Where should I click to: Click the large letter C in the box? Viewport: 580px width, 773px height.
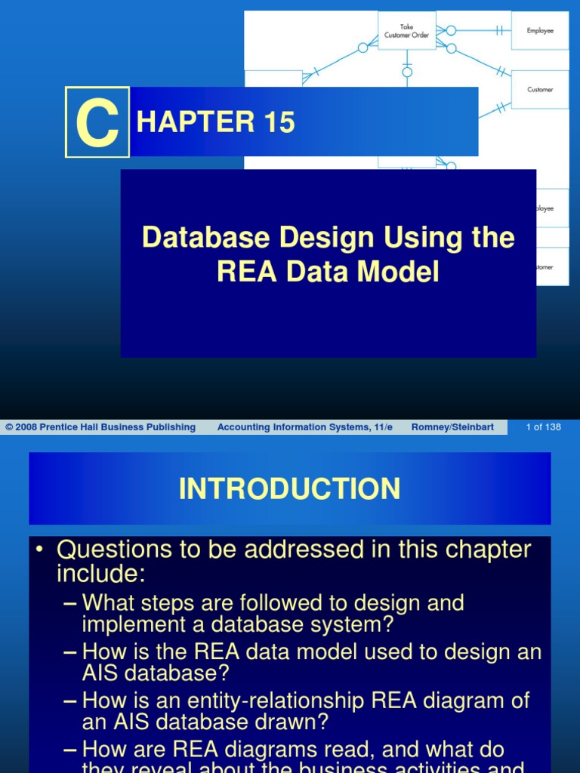(x=97, y=123)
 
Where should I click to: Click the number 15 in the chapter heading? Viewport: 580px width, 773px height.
(x=279, y=122)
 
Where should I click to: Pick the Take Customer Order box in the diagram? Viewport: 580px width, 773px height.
(x=407, y=31)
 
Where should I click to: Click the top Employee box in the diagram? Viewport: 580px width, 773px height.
(x=540, y=31)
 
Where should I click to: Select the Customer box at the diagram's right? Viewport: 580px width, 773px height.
(x=540, y=89)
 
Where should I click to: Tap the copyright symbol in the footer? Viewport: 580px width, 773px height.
(x=9, y=427)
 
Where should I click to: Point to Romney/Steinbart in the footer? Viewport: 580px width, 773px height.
(x=452, y=427)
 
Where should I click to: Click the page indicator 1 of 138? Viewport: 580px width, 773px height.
(x=543, y=427)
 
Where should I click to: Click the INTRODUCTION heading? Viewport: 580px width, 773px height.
(x=290, y=489)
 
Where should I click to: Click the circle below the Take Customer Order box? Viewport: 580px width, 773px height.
(x=407, y=72)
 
